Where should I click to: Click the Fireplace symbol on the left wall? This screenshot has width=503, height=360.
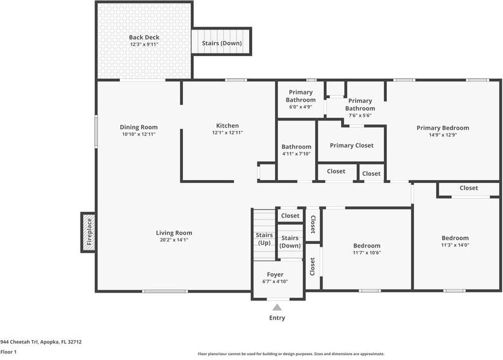[88, 232]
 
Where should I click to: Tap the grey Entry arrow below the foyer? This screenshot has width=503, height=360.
[277, 308]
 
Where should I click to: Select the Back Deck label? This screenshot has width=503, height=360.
[144, 37]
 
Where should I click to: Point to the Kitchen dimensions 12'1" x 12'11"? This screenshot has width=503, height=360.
[227, 132]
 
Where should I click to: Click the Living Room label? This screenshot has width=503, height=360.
[174, 233]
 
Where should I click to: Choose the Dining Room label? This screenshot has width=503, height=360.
[138, 128]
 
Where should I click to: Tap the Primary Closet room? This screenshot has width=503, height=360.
[351, 144]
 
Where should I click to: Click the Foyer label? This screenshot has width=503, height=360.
[275, 275]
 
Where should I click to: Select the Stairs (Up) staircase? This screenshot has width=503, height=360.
[264, 235]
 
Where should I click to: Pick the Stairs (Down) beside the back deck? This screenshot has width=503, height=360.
[221, 42]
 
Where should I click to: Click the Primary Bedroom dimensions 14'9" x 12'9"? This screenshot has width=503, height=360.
[443, 135]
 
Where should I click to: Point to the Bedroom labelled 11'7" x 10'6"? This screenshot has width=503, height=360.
[366, 249]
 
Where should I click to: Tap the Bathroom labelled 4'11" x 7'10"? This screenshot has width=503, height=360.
[297, 150]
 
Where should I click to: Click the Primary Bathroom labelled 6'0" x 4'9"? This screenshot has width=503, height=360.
[301, 99]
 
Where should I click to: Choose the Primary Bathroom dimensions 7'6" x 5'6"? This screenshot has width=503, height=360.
[360, 116]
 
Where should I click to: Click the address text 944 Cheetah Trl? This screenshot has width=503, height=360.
[19, 342]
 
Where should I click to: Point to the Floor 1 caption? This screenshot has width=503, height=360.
[8, 352]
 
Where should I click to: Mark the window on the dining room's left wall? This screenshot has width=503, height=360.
[96, 132]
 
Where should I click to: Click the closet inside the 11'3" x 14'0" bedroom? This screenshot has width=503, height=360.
[469, 188]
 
